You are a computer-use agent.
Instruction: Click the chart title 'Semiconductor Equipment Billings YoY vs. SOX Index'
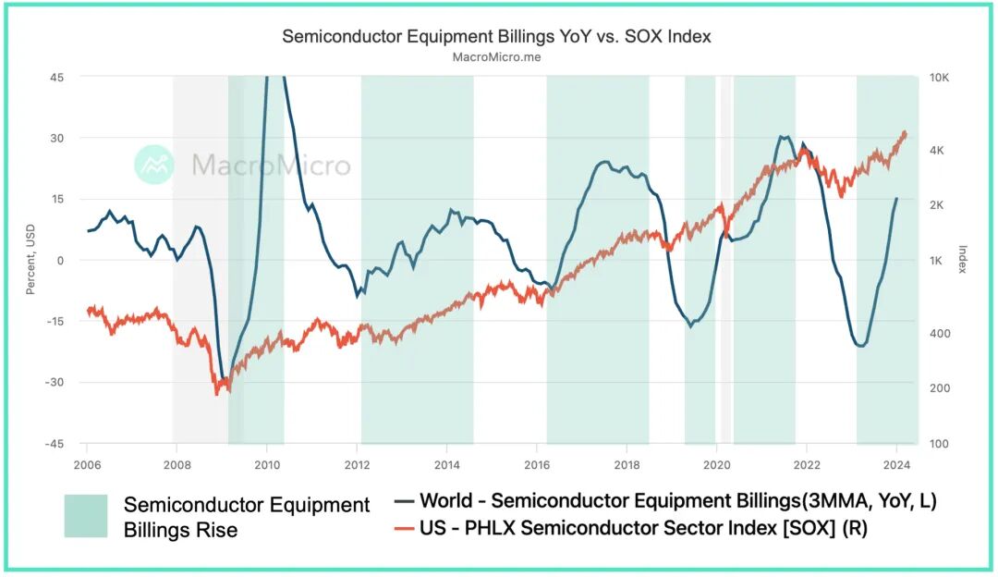click(x=496, y=36)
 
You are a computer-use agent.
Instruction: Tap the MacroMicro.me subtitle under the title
click(x=496, y=56)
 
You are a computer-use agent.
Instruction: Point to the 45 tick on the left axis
click(x=57, y=77)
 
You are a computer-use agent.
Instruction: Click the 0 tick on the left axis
click(x=60, y=260)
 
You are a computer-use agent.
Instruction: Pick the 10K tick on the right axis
click(x=939, y=77)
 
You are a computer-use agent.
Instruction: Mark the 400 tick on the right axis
click(x=939, y=333)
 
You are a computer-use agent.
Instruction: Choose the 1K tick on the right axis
click(x=937, y=261)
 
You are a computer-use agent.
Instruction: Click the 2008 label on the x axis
click(x=176, y=464)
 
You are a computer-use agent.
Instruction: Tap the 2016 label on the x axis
click(x=537, y=464)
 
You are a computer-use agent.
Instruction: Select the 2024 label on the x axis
click(x=896, y=464)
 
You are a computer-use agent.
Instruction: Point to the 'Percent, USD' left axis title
click(x=30, y=260)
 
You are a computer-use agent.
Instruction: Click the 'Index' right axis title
click(x=962, y=260)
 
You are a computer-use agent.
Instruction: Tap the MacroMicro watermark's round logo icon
click(x=154, y=165)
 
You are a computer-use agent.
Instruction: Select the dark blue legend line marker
click(x=403, y=501)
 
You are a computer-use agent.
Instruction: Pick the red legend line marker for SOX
click(x=403, y=528)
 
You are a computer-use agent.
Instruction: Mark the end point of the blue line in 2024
click(x=895, y=199)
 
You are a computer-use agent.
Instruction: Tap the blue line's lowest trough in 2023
click(x=861, y=346)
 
